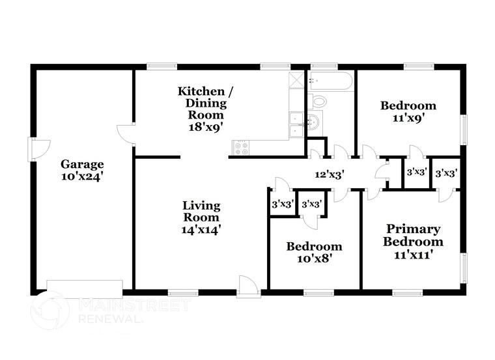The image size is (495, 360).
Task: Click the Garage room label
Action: (82, 164)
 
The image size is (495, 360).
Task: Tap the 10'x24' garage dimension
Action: (82, 176)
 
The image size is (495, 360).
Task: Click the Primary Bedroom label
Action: (413, 235)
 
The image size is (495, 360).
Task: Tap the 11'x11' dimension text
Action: (413, 255)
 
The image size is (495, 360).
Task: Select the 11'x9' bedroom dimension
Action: (408, 118)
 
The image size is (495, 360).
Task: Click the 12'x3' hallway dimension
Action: (329, 174)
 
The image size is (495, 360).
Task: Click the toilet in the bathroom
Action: (319, 102)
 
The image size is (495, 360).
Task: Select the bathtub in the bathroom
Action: (330, 81)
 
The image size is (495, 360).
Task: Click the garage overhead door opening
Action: (84, 287)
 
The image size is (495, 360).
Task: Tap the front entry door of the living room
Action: (249, 287)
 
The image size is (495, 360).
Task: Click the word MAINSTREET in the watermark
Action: (134, 305)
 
